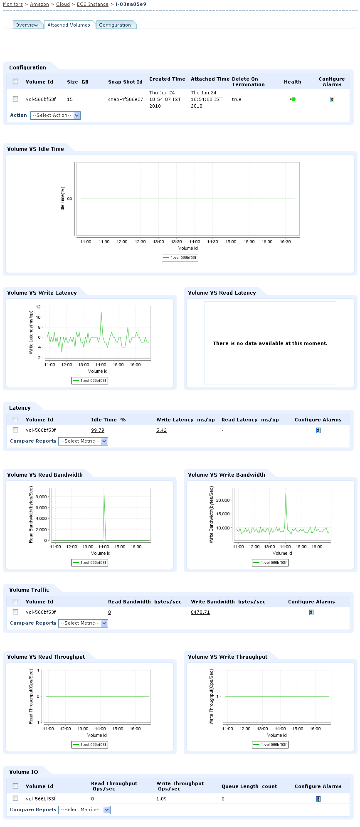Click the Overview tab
point(27,25)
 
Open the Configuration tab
point(115,25)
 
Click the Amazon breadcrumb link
point(39,4)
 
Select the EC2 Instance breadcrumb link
point(92,4)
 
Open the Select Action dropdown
point(55,116)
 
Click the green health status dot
point(293,99)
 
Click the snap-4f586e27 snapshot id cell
point(126,100)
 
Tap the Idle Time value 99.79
point(98,431)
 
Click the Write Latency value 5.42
point(161,431)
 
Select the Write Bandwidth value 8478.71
point(200,613)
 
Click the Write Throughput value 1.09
point(161,799)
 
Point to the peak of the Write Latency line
point(101,312)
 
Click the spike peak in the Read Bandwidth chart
point(104,495)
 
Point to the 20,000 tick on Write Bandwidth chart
point(223,500)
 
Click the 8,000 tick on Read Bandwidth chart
point(41,497)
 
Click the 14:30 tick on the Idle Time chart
point(212,242)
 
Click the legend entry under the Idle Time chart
point(180,258)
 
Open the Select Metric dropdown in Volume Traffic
point(83,623)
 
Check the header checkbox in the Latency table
point(15,420)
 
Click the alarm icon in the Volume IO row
point(318,799)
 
